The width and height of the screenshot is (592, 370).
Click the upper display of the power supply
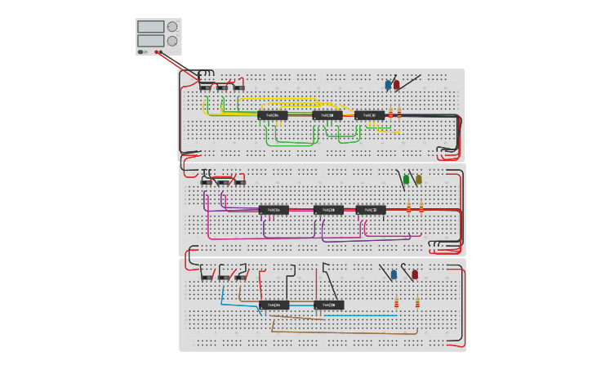click(x=151, y=27)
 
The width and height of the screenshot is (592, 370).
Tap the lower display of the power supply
click(x=151, y=40)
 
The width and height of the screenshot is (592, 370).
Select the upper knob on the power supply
click(x=172, y=26)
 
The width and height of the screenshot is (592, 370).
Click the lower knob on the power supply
click(x=172, y=41)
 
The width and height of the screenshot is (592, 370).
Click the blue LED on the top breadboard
click(x=388, y=84)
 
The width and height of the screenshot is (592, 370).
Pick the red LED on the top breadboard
click(x=397, y=84)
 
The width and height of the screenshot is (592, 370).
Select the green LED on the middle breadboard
click(x=406, y=179)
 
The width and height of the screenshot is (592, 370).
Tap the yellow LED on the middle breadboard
click(x=419, y=179)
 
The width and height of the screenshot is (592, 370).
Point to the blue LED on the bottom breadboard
click(x=394, y=274)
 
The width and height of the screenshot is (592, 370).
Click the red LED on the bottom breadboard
click(x=415, y=274)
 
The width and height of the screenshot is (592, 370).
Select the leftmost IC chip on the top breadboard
click(x=273, y=115)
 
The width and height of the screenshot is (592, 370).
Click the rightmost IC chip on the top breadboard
click(x=369, y=115)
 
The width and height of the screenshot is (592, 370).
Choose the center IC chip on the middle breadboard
click(x=328, y=210)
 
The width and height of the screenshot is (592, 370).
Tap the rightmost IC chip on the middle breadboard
click(x=371, y=210)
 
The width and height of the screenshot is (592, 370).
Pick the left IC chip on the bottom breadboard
click(x=274, y=305)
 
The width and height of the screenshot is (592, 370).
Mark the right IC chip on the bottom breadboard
click(x=328, y=305)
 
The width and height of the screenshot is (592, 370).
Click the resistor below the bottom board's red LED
click(x=417, y=303)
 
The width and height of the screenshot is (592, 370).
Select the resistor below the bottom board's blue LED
click(x=396, y=303)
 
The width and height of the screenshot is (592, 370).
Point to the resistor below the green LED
click(x=408, y=207)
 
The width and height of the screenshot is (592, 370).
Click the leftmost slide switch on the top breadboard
click(x=206, y=87)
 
